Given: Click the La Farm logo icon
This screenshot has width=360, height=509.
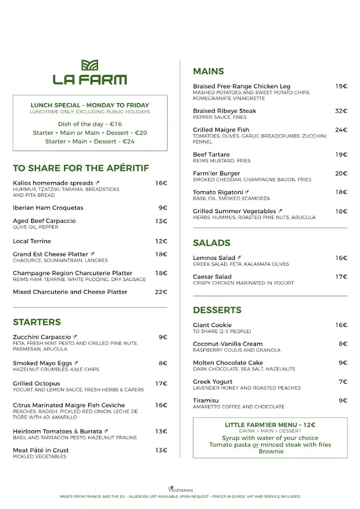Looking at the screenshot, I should [90, 65].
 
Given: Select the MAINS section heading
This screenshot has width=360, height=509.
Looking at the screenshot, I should [208, 71].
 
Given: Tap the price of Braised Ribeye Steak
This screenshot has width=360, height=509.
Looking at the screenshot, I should [341, 111].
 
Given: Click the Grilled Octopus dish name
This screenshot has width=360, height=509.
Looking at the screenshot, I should [36, 384].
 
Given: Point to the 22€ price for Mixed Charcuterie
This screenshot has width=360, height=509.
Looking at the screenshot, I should [161, 292].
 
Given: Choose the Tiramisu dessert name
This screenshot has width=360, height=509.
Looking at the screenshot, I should [206, 401].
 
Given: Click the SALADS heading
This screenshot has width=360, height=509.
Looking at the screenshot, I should [211, 243].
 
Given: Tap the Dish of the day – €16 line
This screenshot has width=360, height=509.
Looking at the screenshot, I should [90, 124].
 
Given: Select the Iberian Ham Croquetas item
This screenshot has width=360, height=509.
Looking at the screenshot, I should [48, 208].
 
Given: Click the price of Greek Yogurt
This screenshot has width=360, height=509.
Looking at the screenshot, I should [343, 382].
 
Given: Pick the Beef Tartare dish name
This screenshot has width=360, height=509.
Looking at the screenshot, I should [211, 155].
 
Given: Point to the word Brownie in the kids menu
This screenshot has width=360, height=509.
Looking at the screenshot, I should [270, 451].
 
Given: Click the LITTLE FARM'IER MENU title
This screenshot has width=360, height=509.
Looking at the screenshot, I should [270, 425].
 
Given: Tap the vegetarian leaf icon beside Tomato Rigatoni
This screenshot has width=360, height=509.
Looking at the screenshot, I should [247, 192].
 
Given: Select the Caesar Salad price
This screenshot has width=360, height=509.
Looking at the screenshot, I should [341, 277].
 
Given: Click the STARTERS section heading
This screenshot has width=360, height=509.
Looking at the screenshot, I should [37, 322].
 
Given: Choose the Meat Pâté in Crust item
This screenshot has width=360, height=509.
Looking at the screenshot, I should [41, 450].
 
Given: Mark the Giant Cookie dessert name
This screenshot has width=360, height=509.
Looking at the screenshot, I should [212, 325].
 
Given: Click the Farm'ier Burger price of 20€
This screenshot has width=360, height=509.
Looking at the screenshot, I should [341, 173].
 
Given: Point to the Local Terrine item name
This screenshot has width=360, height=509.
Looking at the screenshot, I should [32, 242].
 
